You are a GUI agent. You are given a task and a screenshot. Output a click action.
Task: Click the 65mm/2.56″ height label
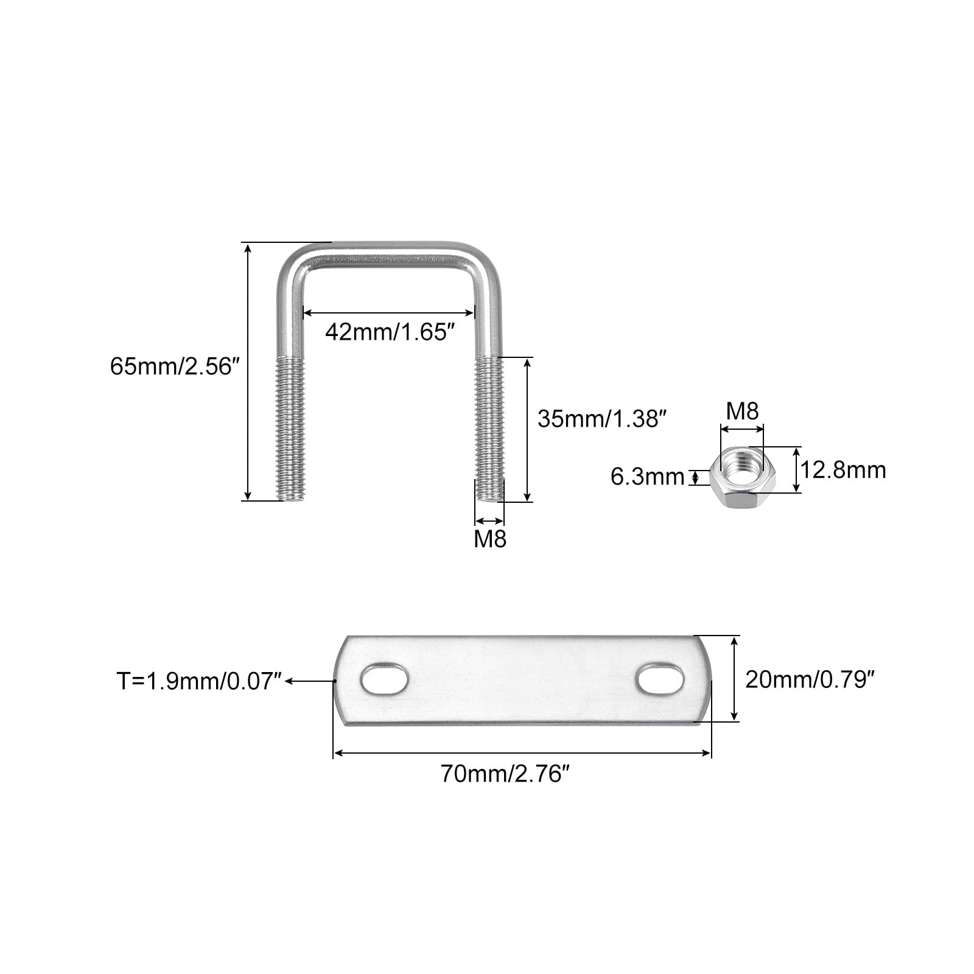tap(171, 366)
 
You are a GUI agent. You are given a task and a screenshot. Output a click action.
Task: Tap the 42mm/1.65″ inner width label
tap(390, 332)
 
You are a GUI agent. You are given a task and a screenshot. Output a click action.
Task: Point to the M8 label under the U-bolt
tap(490, 539)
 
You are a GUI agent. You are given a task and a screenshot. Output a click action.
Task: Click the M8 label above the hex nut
tap(742, 412)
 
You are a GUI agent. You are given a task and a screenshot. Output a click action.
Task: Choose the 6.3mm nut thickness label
tap(648, 477)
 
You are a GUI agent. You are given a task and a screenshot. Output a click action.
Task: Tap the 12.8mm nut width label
tap(843, 470)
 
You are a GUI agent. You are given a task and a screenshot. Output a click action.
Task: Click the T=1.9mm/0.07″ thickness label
tap(200, 681)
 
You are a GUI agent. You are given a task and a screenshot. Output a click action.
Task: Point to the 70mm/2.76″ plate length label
tap(505, 774)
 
